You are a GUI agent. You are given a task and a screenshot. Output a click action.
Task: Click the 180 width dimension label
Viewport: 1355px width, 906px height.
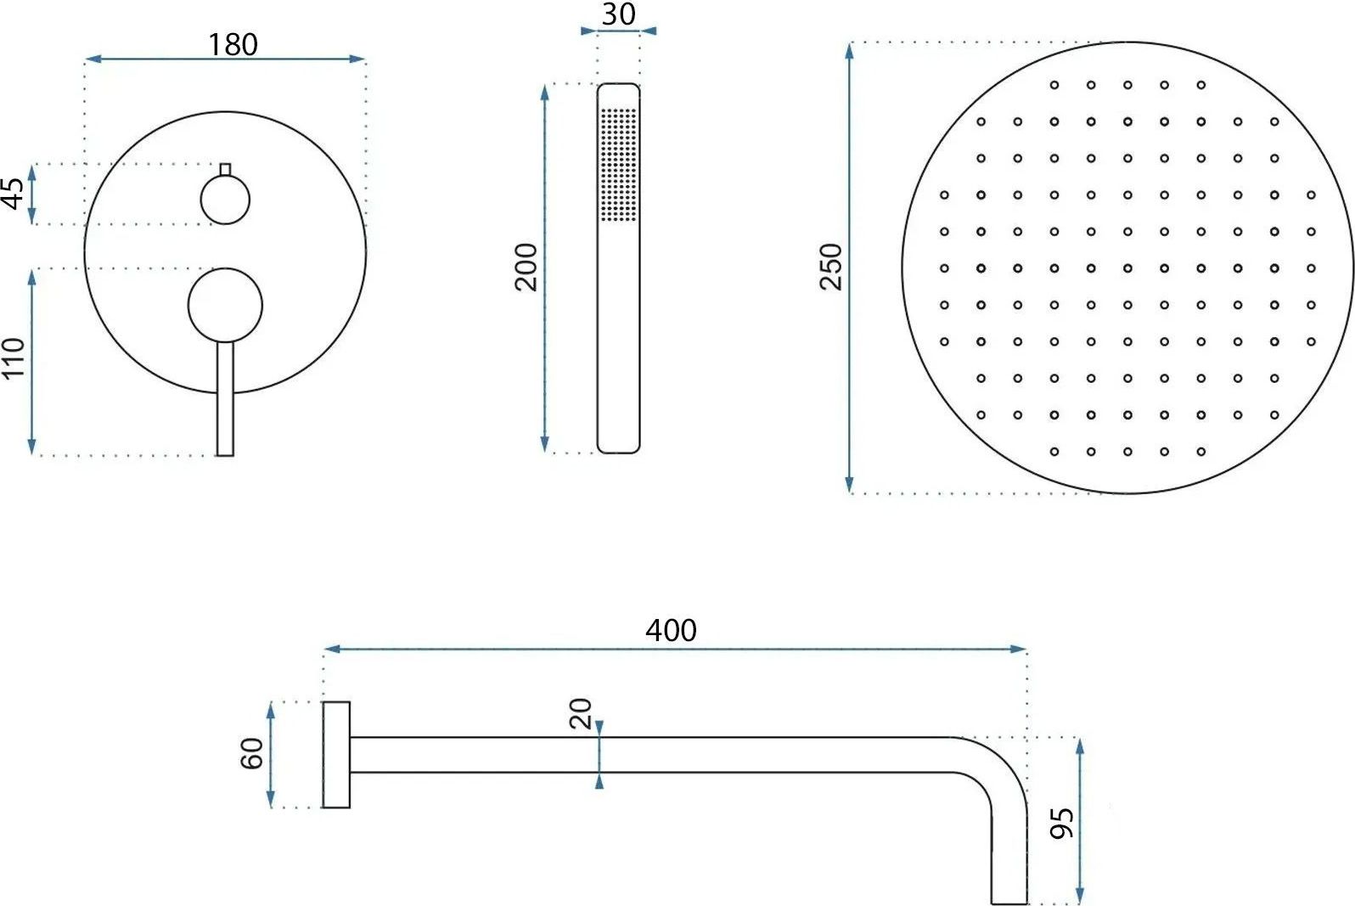tap(233, 45)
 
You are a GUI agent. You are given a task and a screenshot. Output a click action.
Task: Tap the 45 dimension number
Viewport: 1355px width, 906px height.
tap(14, 194)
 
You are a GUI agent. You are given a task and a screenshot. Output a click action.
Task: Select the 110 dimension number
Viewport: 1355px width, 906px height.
tap(14, 358)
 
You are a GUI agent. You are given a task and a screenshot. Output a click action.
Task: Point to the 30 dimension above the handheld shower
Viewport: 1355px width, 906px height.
tap(619, 14)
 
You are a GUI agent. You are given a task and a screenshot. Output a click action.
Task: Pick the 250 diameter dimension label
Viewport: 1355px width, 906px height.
tap(831, 267)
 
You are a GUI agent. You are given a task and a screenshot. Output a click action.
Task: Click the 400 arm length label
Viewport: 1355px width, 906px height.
tap(671, 631)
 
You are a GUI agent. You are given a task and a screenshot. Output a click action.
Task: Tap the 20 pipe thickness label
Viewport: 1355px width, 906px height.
tap(581, 713)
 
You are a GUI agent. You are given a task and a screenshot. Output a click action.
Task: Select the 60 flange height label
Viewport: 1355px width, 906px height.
tap(252, 754)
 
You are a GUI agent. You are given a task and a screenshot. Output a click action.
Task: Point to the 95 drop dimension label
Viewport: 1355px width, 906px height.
tap(1062, 823)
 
